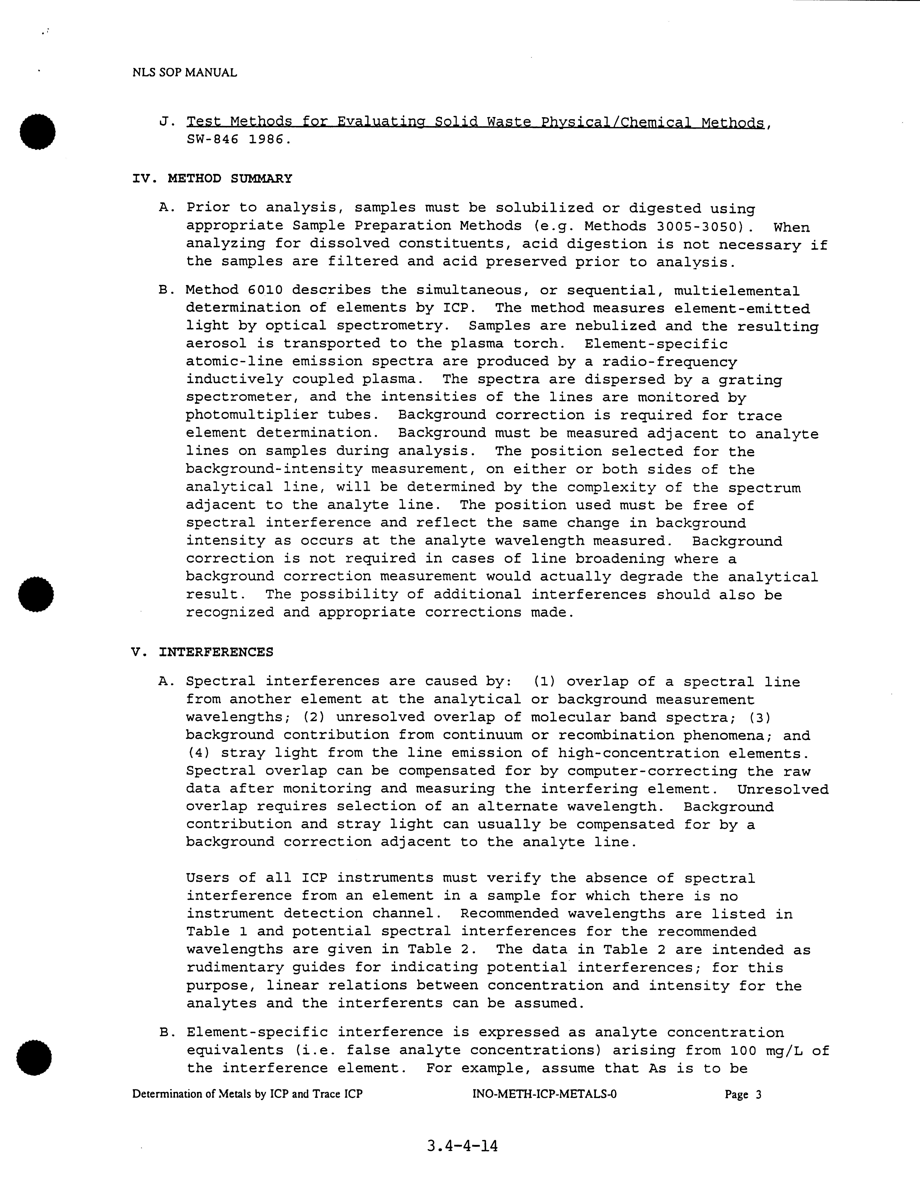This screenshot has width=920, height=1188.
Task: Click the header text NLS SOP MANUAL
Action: click(x=184, y=72)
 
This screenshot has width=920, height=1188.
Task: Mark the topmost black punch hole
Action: click(x=37, y=131)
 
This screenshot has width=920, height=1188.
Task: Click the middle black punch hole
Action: click(x=36, y=593)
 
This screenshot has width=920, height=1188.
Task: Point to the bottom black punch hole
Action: click(x=34, y=1058)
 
